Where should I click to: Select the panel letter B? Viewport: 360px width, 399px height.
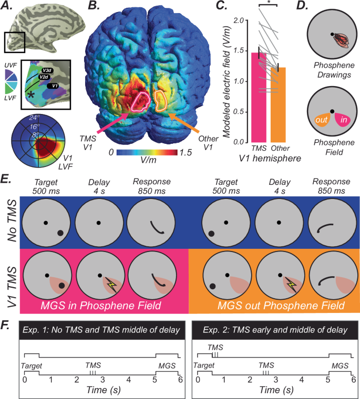pos(92,7)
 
